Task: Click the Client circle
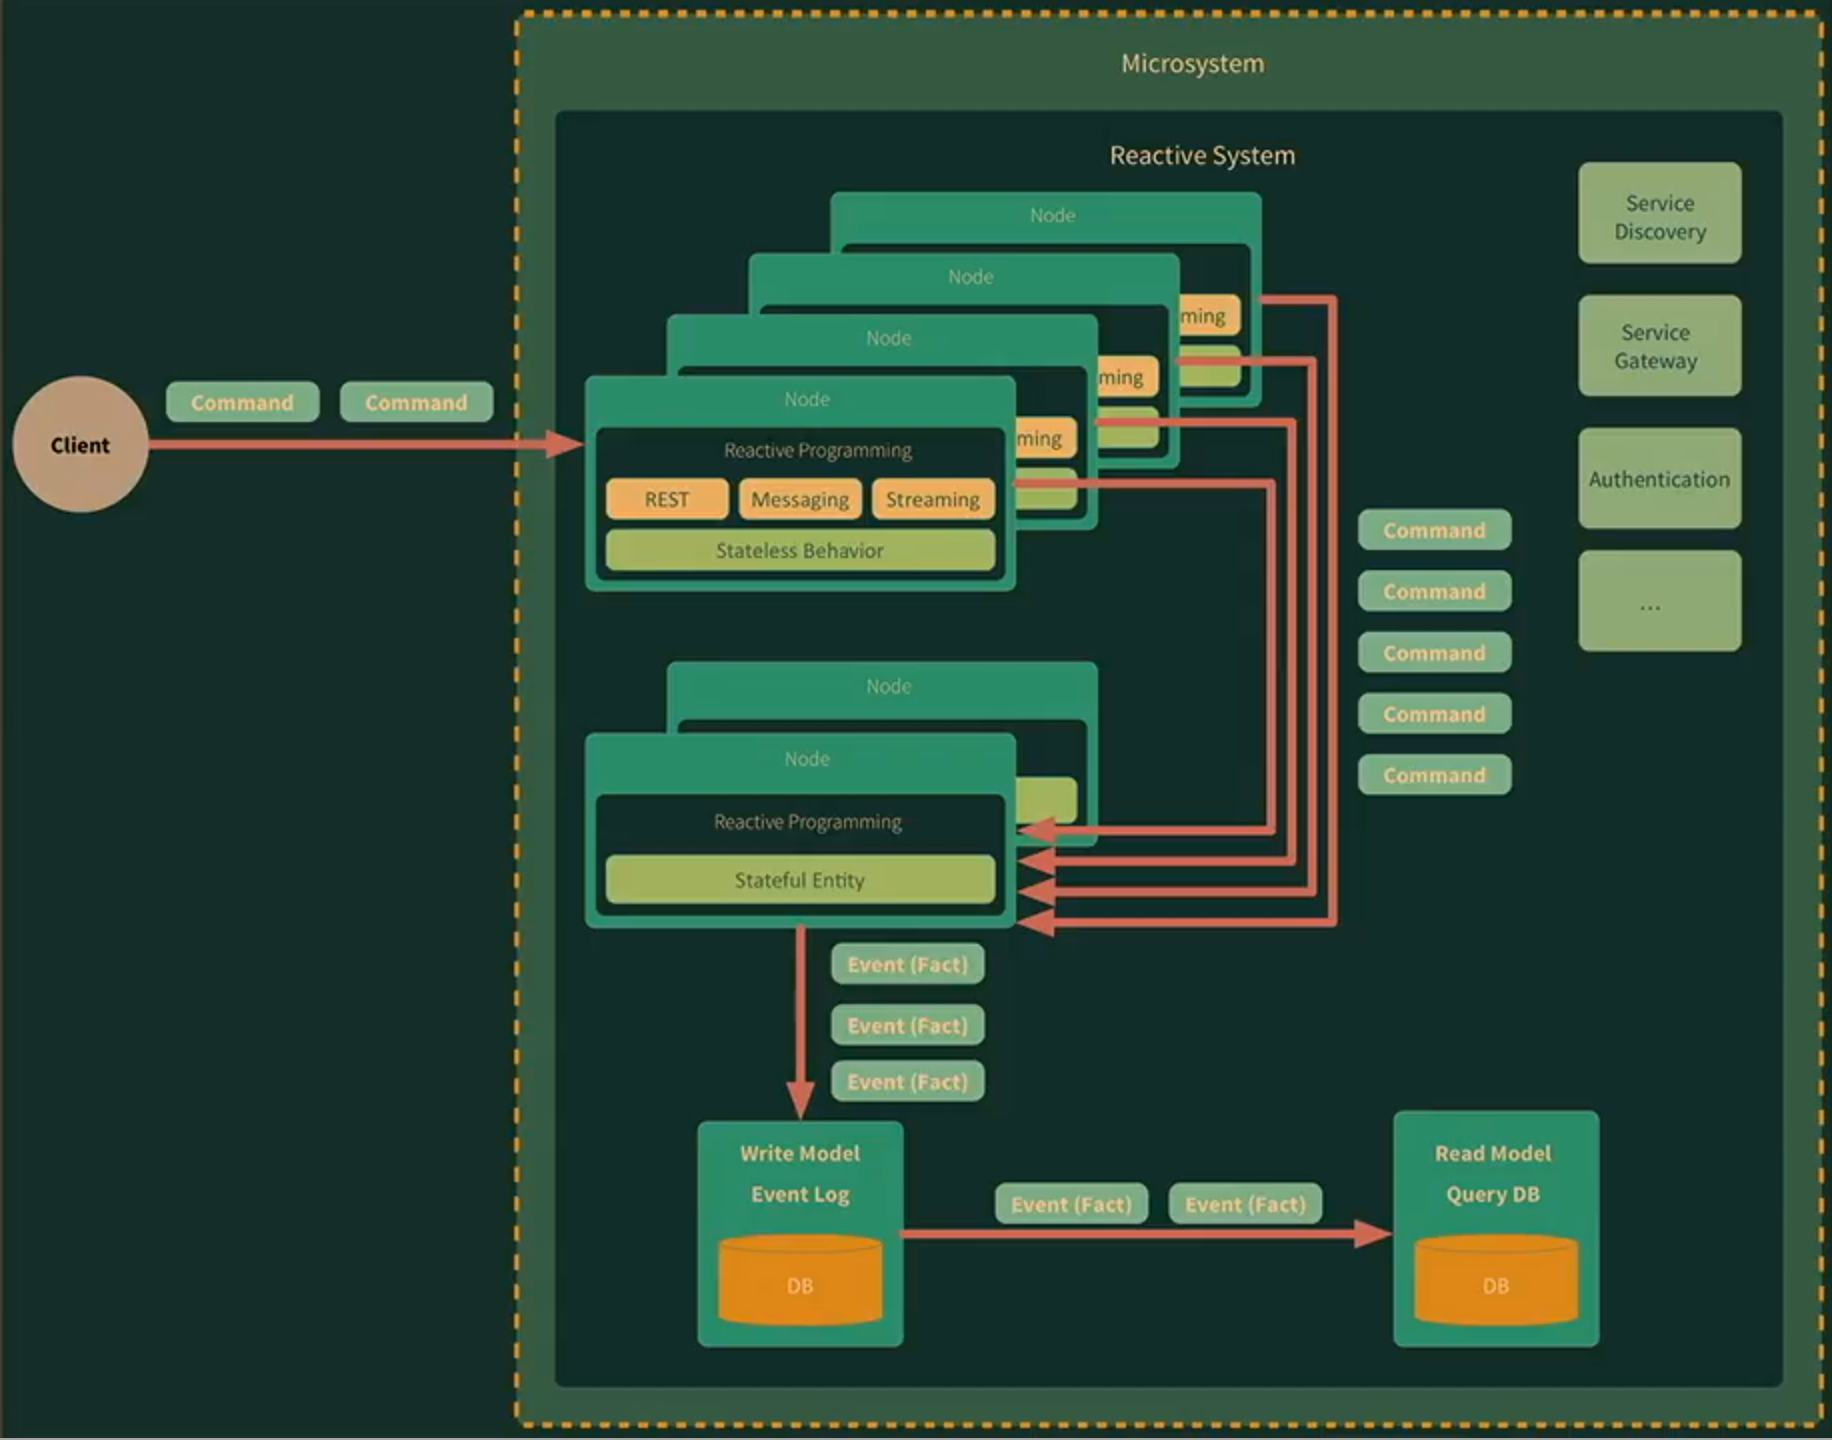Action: pyautogui.click(x=80, y=444)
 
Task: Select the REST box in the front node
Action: pyautogui.click(x=667, y=499)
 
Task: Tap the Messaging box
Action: pyautogui.click(x=799, y=499)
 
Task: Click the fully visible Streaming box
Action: pyautogui.click(x=932, y=499)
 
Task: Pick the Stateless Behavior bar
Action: pyautogui.click(x=799, y=550)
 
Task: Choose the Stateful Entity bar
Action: pyautogui.click(x=799, y=880)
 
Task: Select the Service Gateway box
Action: pyautogui.click(x=1659, y=346)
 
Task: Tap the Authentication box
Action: pyautogui.click(x=1659, y=479)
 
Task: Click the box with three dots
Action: pyautogui.click(x=1659, y=602)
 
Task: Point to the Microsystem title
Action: pyautogui.click(x=1192, y=64)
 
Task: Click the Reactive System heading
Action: pyautogui.click(x=1202, y=156)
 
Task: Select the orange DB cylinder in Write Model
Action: pyautogui.click(x=800, y=1282)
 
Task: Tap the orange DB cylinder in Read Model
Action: pyautogui.click(x=1496, y=1282)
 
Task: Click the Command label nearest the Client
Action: pyautogui.click(x=242, y=402)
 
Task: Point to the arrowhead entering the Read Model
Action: pyautogui.click(x=1374, y=1234)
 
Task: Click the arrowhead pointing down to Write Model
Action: pyautogui.click(x=800, y=1100)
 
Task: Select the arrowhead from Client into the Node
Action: pyautogui.click(x=565, y=444)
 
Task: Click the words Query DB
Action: pyautogui.click(x=1493, y=1194)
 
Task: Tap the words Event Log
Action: pyautogui.click(x=800, y=1194)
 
